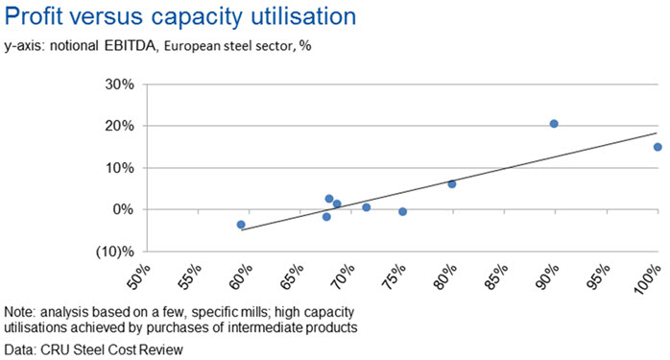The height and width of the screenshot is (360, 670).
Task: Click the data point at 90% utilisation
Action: (554, 124)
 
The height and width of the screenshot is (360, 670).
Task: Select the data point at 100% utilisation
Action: (658, 147)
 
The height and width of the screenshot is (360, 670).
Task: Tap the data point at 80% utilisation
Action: (452, 184)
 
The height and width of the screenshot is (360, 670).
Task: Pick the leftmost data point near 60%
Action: (241, 225)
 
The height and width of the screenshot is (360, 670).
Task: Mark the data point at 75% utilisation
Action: (402, 211)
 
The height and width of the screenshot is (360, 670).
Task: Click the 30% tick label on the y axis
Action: (120, 84)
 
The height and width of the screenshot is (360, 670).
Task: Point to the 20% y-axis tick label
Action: (120, 126)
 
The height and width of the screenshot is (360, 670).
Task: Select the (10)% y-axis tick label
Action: (115, 252)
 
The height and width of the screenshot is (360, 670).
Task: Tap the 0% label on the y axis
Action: (123, 210)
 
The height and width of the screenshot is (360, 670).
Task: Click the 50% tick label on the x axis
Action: (139, 276)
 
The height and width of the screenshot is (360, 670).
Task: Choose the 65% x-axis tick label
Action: (292, 276)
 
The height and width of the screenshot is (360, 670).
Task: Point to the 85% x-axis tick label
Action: (496, 276)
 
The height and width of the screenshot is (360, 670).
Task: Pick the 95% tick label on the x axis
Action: (598, 276)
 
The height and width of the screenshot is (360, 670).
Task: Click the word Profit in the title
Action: (34, 16)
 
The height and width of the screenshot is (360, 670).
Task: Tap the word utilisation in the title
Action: (303, 16)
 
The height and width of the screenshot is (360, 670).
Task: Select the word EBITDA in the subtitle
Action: (130, 46)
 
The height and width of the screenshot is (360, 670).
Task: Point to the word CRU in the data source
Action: (55, 349)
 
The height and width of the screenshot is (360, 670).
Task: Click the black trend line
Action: (449, 181)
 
